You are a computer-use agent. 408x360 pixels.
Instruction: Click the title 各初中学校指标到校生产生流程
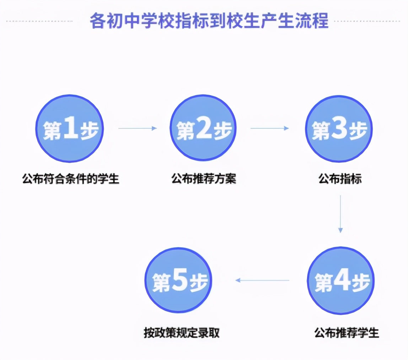point(209,21)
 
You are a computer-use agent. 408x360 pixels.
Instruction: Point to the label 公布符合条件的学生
point(70,179)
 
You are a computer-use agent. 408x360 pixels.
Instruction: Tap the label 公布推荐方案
point(204,179)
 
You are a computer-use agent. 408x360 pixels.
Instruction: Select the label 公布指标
point(340,179)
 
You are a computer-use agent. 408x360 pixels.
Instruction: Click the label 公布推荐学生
point(347,333)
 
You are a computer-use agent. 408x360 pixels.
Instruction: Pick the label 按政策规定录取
point(182,333)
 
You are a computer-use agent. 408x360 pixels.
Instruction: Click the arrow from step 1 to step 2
point(138,128)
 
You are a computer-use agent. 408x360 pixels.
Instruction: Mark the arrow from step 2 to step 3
point(269,128)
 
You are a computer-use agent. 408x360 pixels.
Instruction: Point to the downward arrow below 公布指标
point(340,214)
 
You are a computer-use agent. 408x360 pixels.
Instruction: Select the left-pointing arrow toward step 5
point(262,280)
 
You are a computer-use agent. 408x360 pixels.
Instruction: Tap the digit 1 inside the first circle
point(71,127)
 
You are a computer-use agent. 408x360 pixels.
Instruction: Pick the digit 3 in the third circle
point(340,127)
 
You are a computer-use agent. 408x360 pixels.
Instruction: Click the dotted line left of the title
point(39,21)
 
